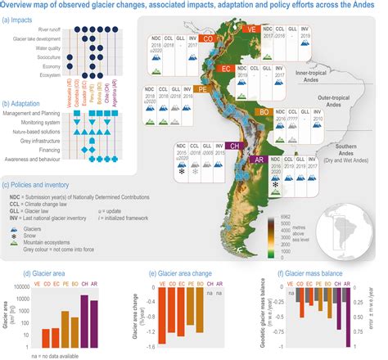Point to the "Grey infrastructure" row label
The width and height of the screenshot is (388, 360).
pos(39,142)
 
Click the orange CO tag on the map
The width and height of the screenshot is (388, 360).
pos(209,38)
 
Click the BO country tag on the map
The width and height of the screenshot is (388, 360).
pos(264,110)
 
